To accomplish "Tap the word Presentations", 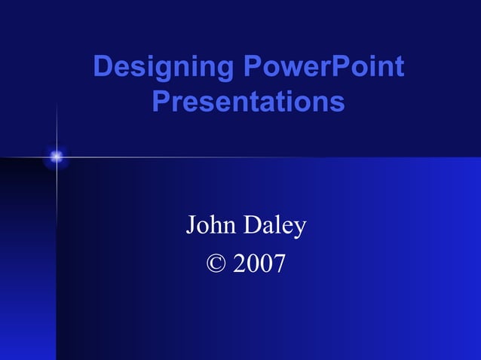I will click(x=248, y=101).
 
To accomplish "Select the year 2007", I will click(x=259, y=264).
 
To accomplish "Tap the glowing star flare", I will click(x=56, y=157).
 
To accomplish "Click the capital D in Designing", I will click(x=103, y=68).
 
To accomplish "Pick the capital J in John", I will click(x=191, y=225).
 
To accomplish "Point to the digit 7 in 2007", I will click(x=280, y=264).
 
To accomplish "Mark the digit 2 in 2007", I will click(x=240, y=264).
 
